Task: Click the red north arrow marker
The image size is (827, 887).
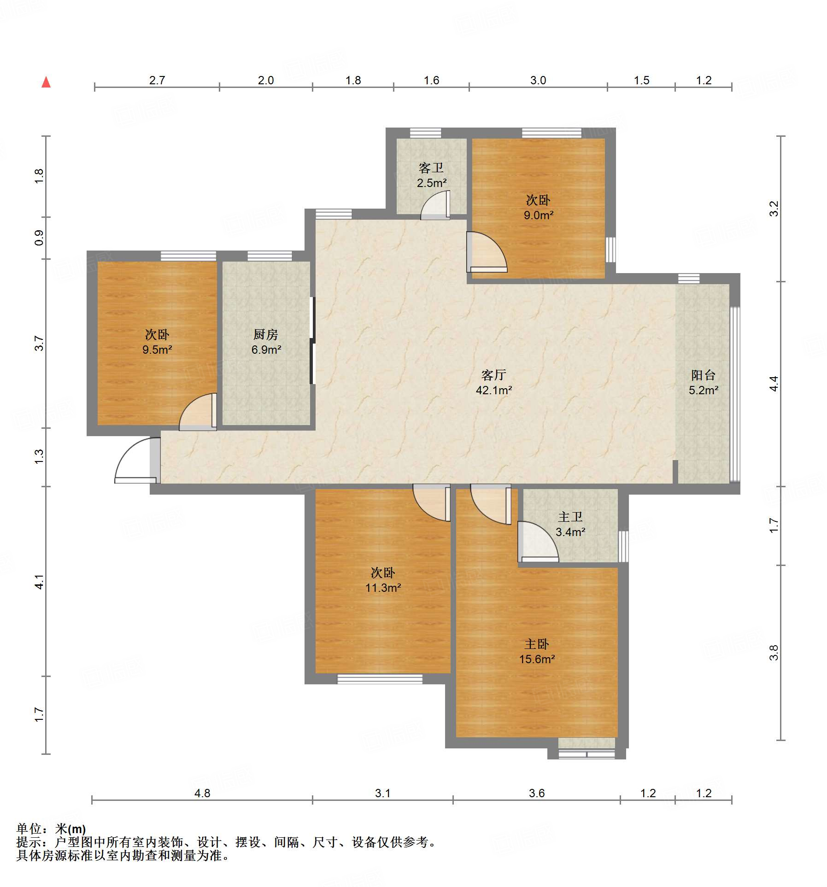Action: click(46, 82)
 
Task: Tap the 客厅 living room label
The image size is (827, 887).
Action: click(493, 375)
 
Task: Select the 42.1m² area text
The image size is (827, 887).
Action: click(494, 391)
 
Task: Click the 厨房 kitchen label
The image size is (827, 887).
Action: click(266, 334)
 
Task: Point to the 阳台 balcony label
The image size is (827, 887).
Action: click(703, 375)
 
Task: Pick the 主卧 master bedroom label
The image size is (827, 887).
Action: click(537, 644)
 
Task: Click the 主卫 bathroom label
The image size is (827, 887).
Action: click(570, 517)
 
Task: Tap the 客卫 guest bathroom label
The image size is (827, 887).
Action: click(431, 168)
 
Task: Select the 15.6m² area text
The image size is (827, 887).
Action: click(537, 659)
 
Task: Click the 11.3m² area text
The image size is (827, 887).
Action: click(383, 588)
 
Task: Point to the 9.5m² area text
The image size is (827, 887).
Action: click(157, 350)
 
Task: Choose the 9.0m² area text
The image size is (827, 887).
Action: click(538, 215)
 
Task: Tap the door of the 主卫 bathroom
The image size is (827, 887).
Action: click(538, 542)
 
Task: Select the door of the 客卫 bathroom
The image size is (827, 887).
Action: click(435, 205)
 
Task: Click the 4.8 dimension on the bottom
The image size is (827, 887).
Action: click(202, 793)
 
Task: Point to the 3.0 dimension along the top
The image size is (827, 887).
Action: click(538, 80)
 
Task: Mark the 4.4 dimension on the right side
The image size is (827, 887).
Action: click(774, 384)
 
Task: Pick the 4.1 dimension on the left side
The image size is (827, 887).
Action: click(40, 582)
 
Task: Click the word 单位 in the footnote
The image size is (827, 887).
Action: click(29, 829)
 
